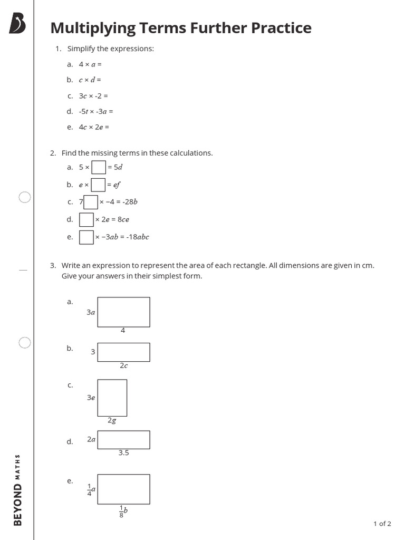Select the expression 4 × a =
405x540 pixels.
tap(90, 64)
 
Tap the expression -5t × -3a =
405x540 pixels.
tap(96, 111)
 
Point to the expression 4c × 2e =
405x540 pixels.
tap(94, 127)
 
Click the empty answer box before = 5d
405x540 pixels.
tap(99, 168)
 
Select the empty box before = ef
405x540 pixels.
tap(98, 185)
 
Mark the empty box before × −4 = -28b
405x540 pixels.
tap(91, 202)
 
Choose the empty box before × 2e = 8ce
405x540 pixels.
tap(86, 219)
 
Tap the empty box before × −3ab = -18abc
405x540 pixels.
tap(86, 237)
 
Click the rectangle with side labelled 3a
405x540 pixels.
tap(123, 312)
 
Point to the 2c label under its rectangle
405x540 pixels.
tap(123, 365)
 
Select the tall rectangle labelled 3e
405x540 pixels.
tap(112, 398)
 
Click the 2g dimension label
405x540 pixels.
tap(111, 420)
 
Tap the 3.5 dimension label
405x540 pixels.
tap(123, 452)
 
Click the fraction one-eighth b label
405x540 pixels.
tap(123, 511)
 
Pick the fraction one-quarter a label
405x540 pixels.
tap(91, 489)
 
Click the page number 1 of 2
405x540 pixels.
tap(382, 524)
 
